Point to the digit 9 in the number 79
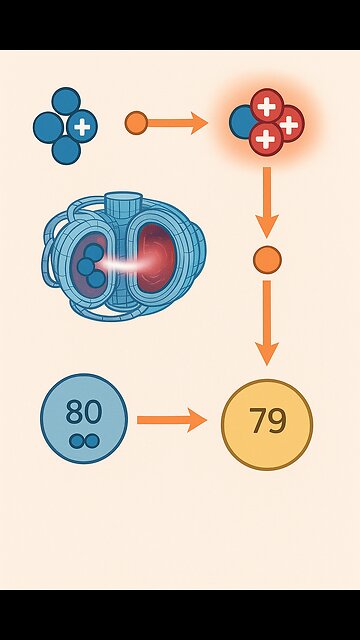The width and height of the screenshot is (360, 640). point(276,421)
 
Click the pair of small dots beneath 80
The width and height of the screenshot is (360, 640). point(83,440)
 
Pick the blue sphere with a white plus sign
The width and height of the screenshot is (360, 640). point(83,127)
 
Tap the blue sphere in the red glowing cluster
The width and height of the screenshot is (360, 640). point(243,123)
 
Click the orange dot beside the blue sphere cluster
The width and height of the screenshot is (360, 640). point(136,123)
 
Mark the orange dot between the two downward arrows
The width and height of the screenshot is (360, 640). point(267,261)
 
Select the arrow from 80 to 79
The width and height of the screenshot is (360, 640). point(170,420)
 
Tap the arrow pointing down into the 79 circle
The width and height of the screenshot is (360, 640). point(267,322)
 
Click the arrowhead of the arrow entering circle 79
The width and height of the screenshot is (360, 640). point(267,353)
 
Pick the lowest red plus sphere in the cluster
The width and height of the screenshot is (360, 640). point(266,139)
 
